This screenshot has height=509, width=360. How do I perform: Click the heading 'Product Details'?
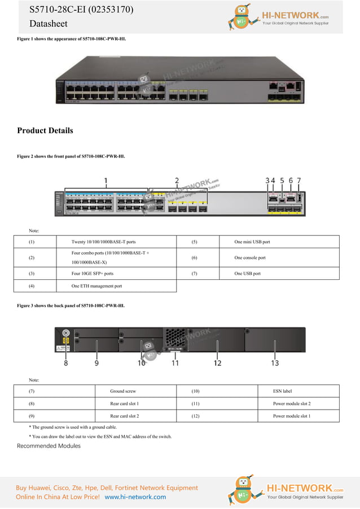click(x=45, y=131)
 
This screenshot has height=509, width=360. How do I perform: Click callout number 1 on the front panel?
click(x=106, y=181)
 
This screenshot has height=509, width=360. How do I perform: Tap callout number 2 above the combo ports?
click(x=177, y=181)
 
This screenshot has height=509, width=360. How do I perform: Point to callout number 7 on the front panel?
click(x=299, y=181)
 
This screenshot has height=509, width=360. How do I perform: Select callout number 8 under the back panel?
click(x=65, y=363)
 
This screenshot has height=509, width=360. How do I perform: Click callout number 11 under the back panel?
click(x=175, y=363)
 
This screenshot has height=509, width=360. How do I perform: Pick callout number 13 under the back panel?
click(x=275, y=363)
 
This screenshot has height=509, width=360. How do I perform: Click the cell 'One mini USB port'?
click(x=252, y=242)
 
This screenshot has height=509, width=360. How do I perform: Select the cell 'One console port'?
click(x=249, y=258)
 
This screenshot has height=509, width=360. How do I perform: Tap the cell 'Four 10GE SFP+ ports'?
click(x=93, y=274)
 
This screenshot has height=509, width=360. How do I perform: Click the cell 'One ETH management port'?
click(x=96, y=286)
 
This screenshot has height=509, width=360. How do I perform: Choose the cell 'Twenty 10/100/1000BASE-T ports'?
click(x=103, y=242)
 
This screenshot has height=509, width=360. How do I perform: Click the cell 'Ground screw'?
click(x=123, y=391)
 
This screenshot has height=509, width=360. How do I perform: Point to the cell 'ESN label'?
click(x=282, y=391)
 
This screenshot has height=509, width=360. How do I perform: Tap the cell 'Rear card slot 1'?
click(x=125, y=403)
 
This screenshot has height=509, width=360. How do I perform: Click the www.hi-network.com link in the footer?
click(x=135, y=497)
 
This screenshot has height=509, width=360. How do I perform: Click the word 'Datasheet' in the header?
click(x=48, y=24)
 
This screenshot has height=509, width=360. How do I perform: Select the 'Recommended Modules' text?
click(x=49, y=446)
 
